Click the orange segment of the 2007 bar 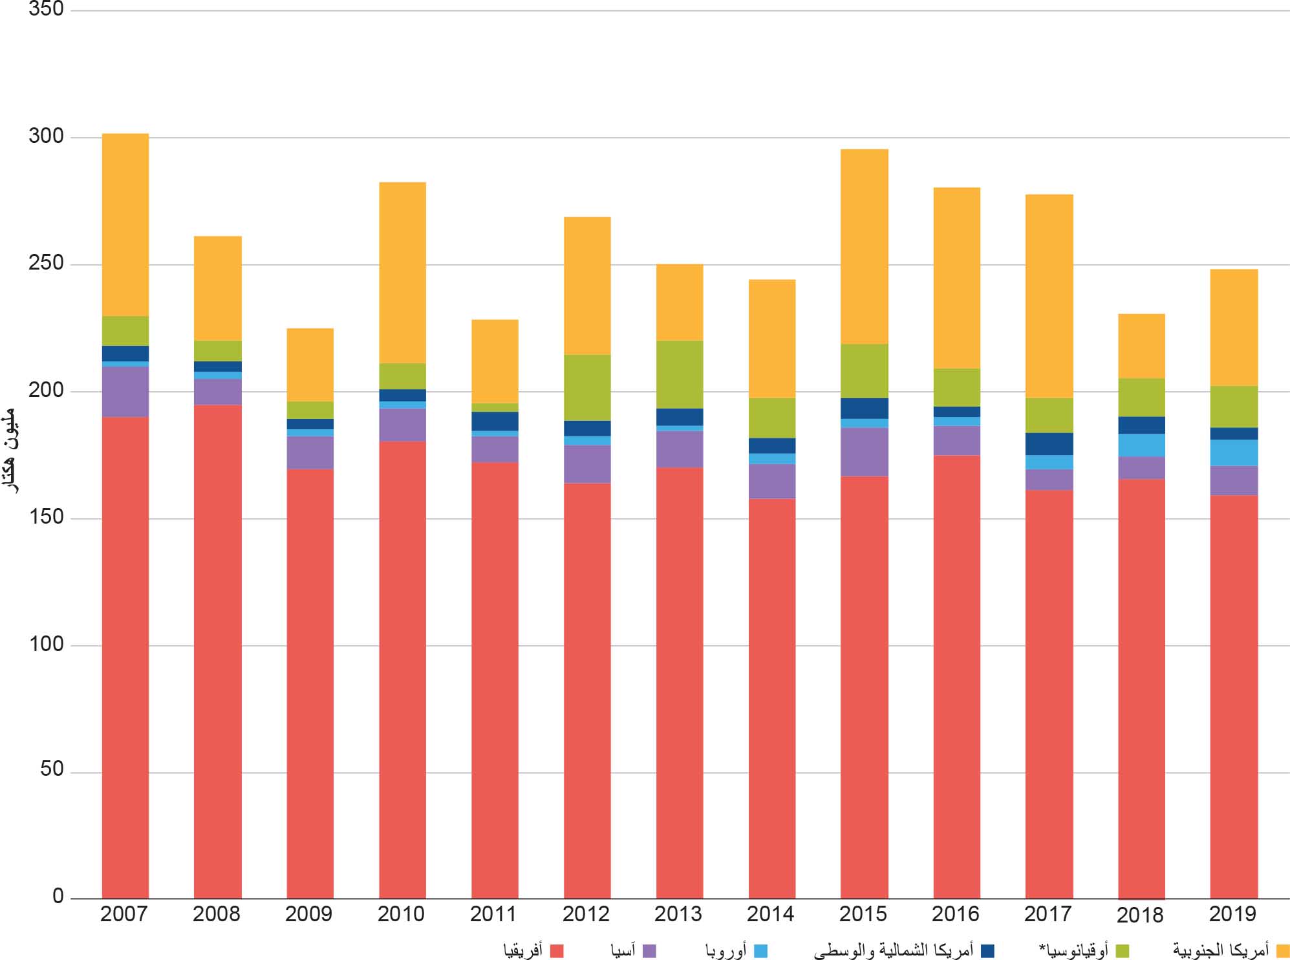(125, 225)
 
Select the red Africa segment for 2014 (772, 698)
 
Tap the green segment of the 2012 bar (587, 387)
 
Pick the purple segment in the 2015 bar (865, 452)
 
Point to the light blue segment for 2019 (1234, 453)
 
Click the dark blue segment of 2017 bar (1049, 444)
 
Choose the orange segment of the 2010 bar (402, 273)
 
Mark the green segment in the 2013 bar (680, 374)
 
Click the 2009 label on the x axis (308, 914)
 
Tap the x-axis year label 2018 (1140, 915)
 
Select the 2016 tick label (956, 914)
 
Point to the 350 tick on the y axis (46, 9)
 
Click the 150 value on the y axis (46, 517)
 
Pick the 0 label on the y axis (58, 896)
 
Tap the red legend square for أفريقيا (557, 951)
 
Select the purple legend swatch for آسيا (649, 951)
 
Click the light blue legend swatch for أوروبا (760, 951)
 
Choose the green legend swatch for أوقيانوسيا (1123, 951)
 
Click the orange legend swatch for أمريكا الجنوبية (1283, 951)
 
